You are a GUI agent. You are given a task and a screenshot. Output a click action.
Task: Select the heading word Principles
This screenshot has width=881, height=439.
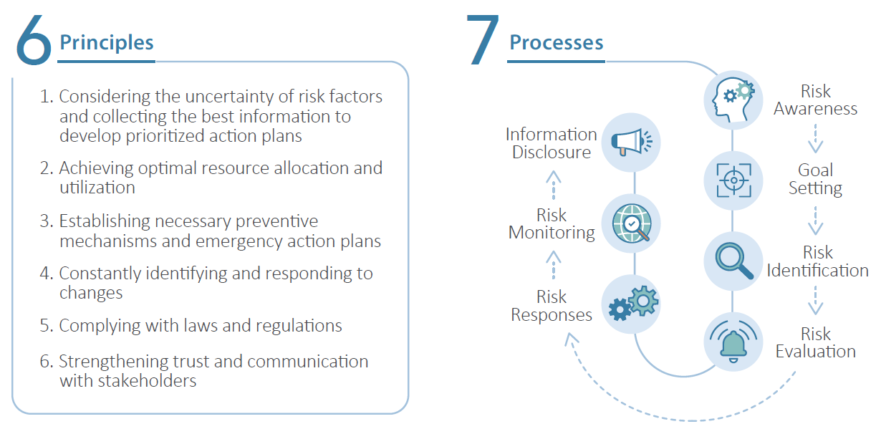coord(107,42)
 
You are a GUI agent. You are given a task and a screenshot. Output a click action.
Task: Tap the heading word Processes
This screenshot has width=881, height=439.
coord(556,42)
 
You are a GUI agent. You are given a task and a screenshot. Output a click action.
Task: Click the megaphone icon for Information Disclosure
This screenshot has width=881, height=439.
coord(631,142)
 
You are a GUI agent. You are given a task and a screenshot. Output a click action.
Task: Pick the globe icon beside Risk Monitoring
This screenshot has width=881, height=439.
coord(631,223)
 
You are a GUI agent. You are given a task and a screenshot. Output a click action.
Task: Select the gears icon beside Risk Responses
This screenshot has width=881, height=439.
coord(631,304)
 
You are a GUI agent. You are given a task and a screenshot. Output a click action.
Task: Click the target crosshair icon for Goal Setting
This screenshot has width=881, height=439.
coord(733,179)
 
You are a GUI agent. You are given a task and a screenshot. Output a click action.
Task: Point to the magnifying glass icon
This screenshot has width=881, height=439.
coord(733,261)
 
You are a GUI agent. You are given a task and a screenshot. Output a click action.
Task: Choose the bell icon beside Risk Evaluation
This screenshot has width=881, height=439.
coord(733,341)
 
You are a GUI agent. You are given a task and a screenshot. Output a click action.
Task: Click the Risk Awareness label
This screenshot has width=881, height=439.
coord(815,100)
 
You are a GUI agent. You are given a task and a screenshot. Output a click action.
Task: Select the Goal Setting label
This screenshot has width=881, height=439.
coord(815,179)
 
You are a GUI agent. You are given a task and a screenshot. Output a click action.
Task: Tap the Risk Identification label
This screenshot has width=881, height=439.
coord(817,261)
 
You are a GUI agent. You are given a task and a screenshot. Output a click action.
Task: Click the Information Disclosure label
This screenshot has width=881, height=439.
coord(552,143)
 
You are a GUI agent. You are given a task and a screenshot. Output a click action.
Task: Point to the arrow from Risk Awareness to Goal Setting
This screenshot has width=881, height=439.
coord(815,139)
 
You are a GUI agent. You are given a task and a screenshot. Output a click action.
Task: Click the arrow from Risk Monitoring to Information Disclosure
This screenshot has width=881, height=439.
coord(552,185)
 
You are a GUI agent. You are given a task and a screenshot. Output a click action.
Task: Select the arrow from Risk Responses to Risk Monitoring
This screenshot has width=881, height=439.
coord(552,264)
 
